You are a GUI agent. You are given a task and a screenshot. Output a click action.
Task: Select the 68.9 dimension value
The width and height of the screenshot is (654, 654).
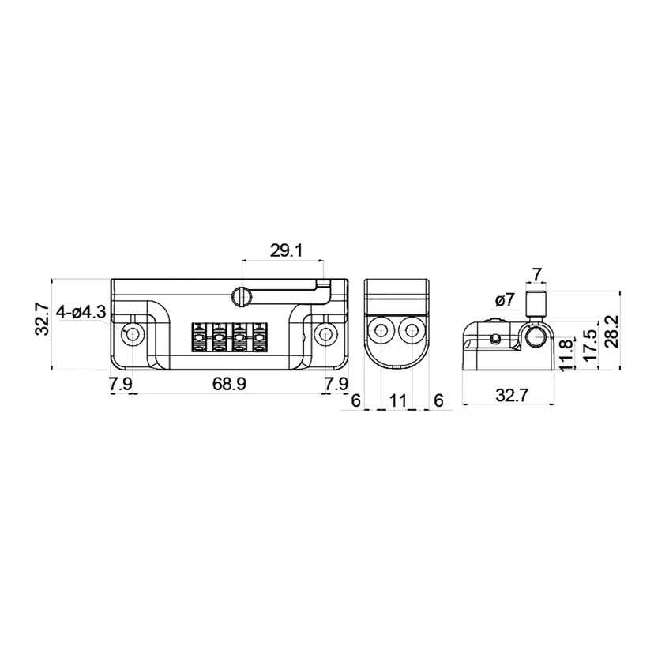click(229, 384)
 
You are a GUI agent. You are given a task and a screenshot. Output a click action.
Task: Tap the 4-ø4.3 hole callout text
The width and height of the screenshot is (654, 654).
click(81, 312)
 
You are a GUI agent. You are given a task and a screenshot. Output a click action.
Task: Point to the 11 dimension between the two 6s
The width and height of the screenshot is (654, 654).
click(397, 400)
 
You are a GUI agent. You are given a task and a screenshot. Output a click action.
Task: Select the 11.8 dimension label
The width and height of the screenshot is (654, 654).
click(566, 355)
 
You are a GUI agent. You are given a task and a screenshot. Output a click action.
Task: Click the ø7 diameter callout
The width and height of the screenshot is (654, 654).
click(506, 300)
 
